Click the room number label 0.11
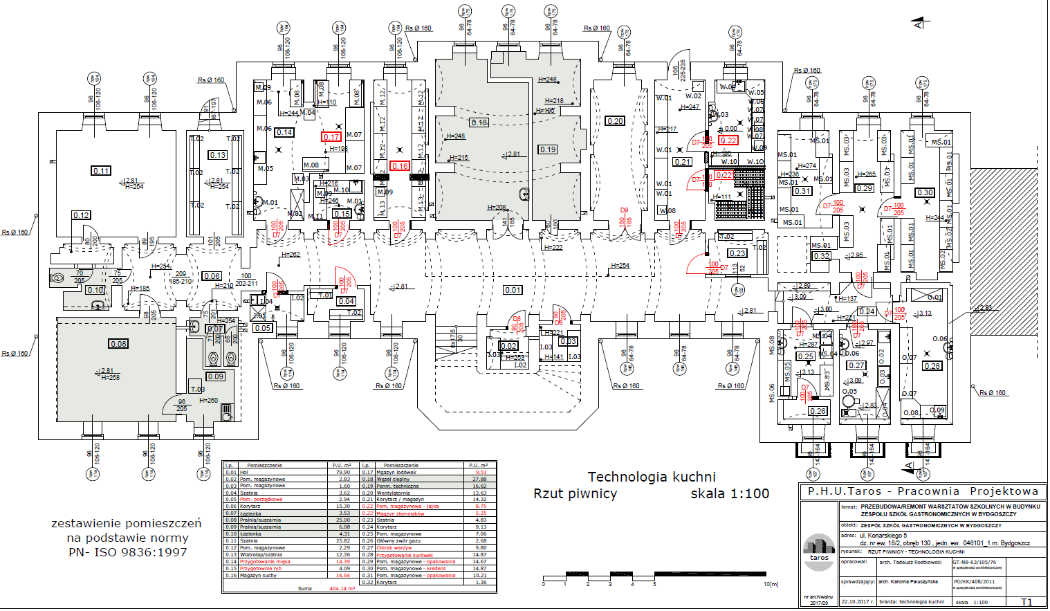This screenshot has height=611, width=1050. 101,171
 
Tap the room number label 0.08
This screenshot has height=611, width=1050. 118,344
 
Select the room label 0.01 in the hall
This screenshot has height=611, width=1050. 513,290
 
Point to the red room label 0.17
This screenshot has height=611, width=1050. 331,137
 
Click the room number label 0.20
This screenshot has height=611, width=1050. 615,121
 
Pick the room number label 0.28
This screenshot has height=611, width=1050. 932,366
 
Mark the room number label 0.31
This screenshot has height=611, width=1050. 802,191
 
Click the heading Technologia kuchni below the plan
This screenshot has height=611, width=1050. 652,477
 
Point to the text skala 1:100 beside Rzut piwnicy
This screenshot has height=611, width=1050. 730,494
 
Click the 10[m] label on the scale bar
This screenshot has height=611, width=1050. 771,585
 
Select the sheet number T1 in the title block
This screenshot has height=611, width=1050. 1026,602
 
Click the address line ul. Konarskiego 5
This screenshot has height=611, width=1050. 883,536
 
